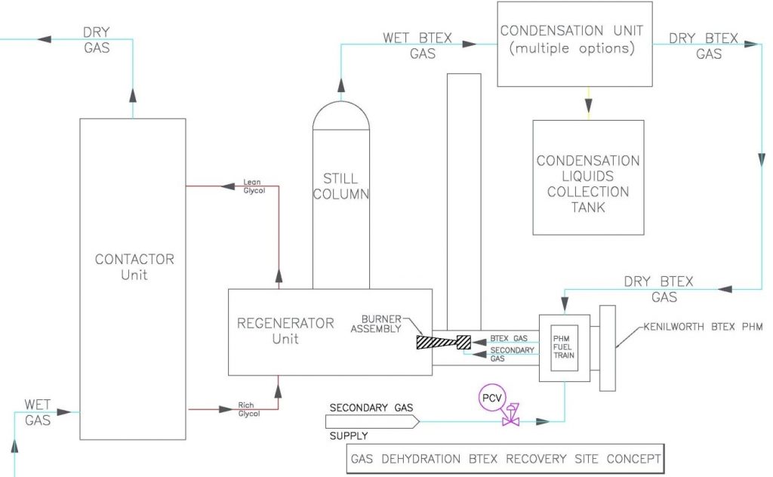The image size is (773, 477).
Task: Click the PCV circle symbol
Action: (491, 397)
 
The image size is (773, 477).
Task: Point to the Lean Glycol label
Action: (252, 186)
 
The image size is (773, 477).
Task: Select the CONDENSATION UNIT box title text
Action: (571, 32)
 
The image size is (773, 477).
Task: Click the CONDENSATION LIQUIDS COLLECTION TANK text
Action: (587, 183)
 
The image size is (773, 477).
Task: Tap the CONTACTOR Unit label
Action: (134, 266)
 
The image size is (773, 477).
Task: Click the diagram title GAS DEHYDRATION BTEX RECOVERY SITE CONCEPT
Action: (506, 459)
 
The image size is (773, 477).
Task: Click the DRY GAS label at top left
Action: (97, 40)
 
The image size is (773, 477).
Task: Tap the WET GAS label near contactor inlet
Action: (38, 412)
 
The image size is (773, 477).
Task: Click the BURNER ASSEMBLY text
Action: (381, 323)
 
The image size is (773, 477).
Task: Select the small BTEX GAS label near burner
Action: (508, 338)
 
